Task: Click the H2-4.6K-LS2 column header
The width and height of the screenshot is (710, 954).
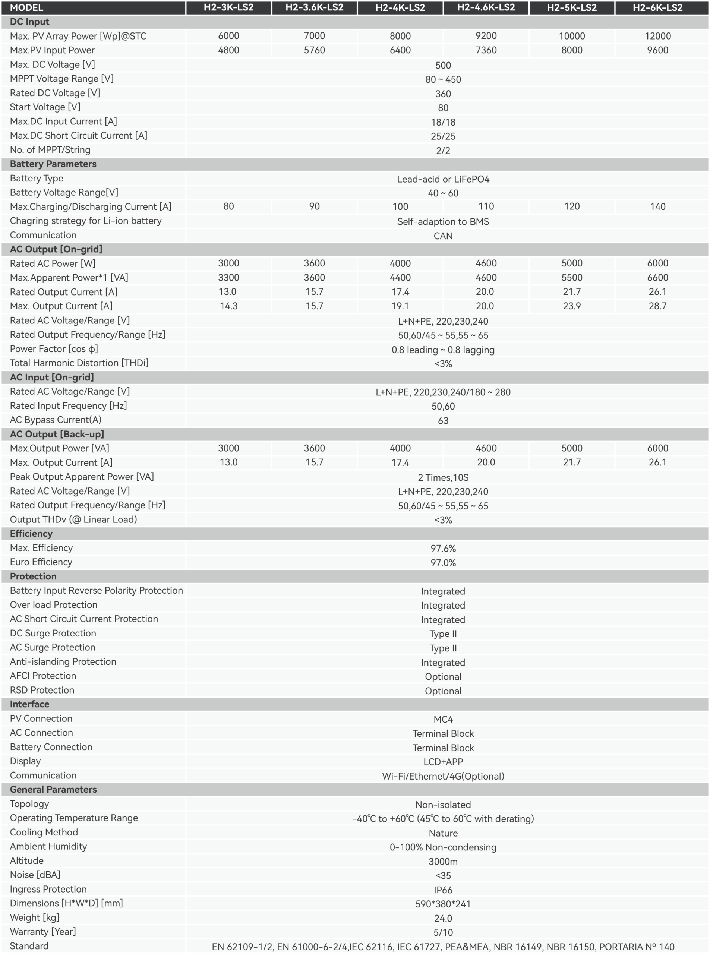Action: tap(486, 7)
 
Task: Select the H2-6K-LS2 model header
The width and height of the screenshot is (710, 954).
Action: tap(657, 7)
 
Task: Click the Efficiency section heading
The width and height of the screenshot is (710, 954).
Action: tap(31, 533)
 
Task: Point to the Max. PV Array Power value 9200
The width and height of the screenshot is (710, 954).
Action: tap(486, 36)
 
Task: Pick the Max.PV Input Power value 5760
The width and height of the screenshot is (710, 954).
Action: tap(314, 50)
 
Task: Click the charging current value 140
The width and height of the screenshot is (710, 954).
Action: tap(657, 207)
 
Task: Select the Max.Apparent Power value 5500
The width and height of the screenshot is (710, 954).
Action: tap(572, 278)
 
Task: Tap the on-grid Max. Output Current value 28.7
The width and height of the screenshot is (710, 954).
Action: tap(657, 306)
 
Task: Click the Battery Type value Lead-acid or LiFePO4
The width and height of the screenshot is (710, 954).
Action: tap(443, 179)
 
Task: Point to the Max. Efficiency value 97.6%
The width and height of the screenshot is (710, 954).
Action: tap(443, 548)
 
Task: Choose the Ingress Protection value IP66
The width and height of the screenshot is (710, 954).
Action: tap(443, 890)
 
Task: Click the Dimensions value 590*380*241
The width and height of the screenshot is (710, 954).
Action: tap(443, 904)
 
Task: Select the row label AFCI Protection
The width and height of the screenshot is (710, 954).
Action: tap(43, 676)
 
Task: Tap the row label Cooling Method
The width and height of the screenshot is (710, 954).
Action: tap(44, 832)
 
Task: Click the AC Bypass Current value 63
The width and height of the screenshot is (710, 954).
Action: tap(443, 421)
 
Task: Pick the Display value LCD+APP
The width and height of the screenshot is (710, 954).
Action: tap(443, 762)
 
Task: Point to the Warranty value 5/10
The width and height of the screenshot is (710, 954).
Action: tap(443, 932)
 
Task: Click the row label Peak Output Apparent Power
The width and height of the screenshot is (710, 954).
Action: tap(82, 477)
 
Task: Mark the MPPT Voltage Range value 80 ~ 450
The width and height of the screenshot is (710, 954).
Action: tap(443, 79)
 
